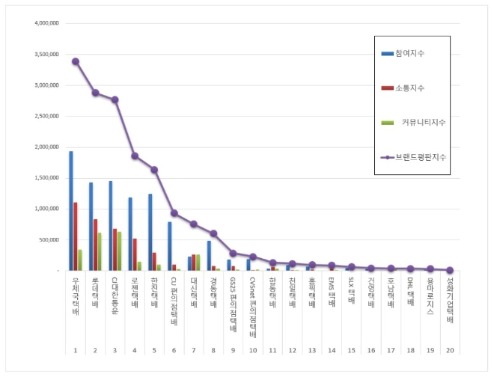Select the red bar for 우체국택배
click(76, 236)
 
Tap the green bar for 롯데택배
click(100, 251)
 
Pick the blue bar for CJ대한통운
click(110, 225)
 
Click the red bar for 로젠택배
click(135, 254)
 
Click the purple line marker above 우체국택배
click(76, 61)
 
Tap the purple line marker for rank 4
click(135, 156)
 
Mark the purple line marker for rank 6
click(174, 213)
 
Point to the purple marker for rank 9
click(233, 253)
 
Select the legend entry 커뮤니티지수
click(418, 122)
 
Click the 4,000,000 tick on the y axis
click(47, 23)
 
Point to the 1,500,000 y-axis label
click(47, 178)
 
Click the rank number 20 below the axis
click(449, 350)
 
